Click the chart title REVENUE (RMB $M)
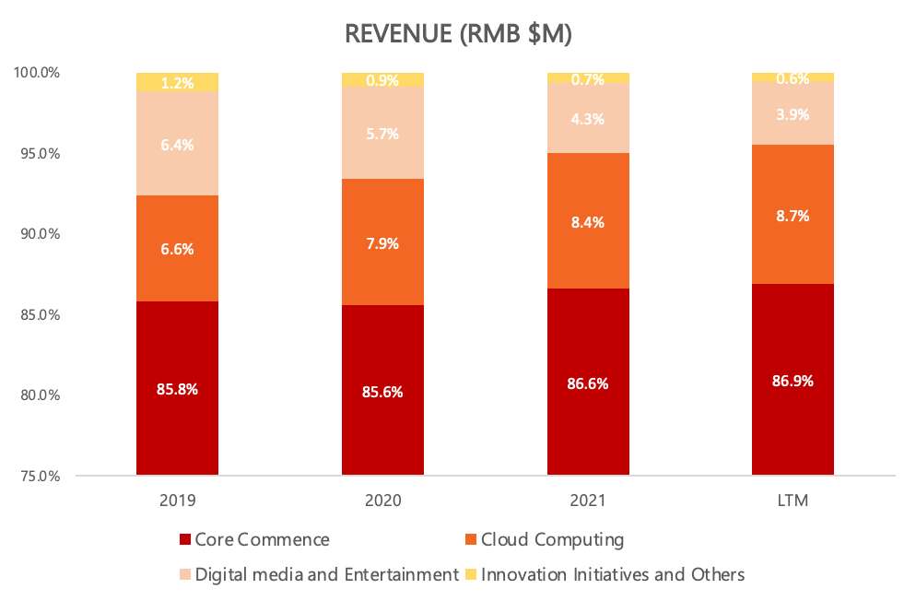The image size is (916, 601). [x=458, y=35]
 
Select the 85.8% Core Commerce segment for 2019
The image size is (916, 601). [x=177, y=388]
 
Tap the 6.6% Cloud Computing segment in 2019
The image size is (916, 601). [x=177, y=249]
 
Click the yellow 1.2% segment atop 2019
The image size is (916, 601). [x=177, y=82]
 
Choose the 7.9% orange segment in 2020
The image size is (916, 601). [x=382, y=242]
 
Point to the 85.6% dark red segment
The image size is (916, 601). [x=382, y=390]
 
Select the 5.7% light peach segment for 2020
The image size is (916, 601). [x=382, y=133]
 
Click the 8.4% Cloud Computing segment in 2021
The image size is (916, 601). [x=588, y=221]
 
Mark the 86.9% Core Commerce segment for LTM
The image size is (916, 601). [x=793, y=380]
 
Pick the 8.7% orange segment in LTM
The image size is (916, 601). [x=793, y=215]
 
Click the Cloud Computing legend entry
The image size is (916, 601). [x=552, y=540]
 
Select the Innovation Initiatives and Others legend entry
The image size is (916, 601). [x=612, y=574]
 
